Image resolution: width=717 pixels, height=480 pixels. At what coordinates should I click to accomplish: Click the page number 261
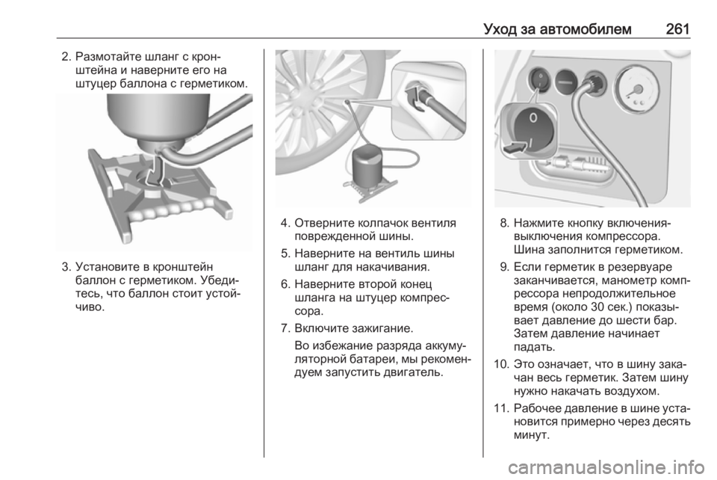(677, 29)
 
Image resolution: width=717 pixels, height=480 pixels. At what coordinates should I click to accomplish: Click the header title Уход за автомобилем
(557, 29)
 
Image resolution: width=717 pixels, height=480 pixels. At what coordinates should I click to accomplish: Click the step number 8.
(504, 224)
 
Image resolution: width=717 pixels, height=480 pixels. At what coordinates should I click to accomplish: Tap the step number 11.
(501, 407)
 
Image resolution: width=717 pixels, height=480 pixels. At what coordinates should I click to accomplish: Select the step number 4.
(285, 224)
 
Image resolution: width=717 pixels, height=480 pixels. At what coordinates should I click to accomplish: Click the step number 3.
(66, 266)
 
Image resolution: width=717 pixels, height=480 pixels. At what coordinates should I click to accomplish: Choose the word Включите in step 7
(323, 328)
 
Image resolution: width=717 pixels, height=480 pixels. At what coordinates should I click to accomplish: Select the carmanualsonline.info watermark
(606, 467)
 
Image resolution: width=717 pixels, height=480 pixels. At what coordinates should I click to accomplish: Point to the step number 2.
(66, 58)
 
